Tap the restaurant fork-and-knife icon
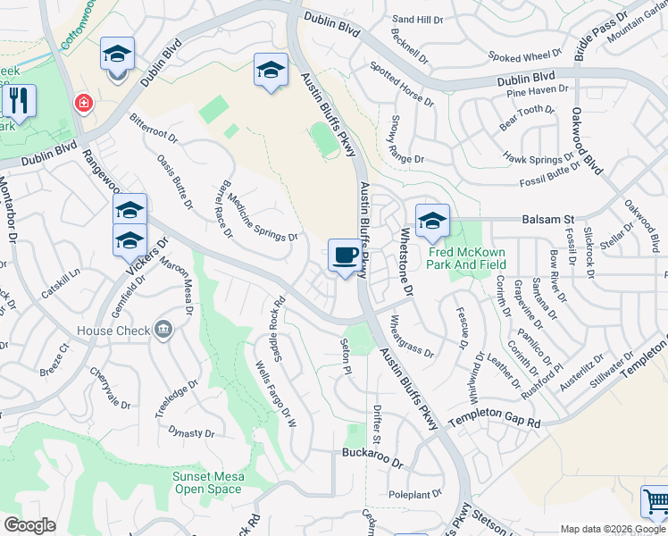19,102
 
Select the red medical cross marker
84,104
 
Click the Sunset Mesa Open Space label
207,482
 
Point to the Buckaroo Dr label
373,453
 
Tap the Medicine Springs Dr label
262,218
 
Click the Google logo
30,525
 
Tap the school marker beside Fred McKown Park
432,222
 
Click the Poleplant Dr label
410,495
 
